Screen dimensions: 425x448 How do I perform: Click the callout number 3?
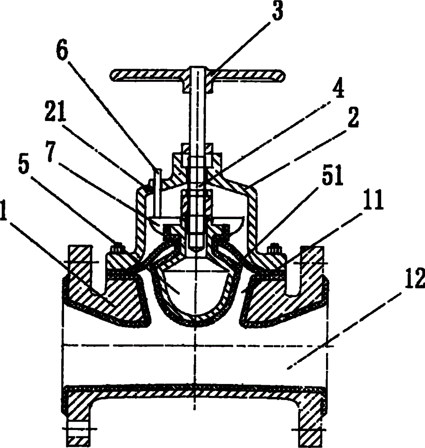[276, 11]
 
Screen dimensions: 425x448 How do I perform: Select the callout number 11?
[373, 201]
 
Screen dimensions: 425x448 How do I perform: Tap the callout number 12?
[415, 278]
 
